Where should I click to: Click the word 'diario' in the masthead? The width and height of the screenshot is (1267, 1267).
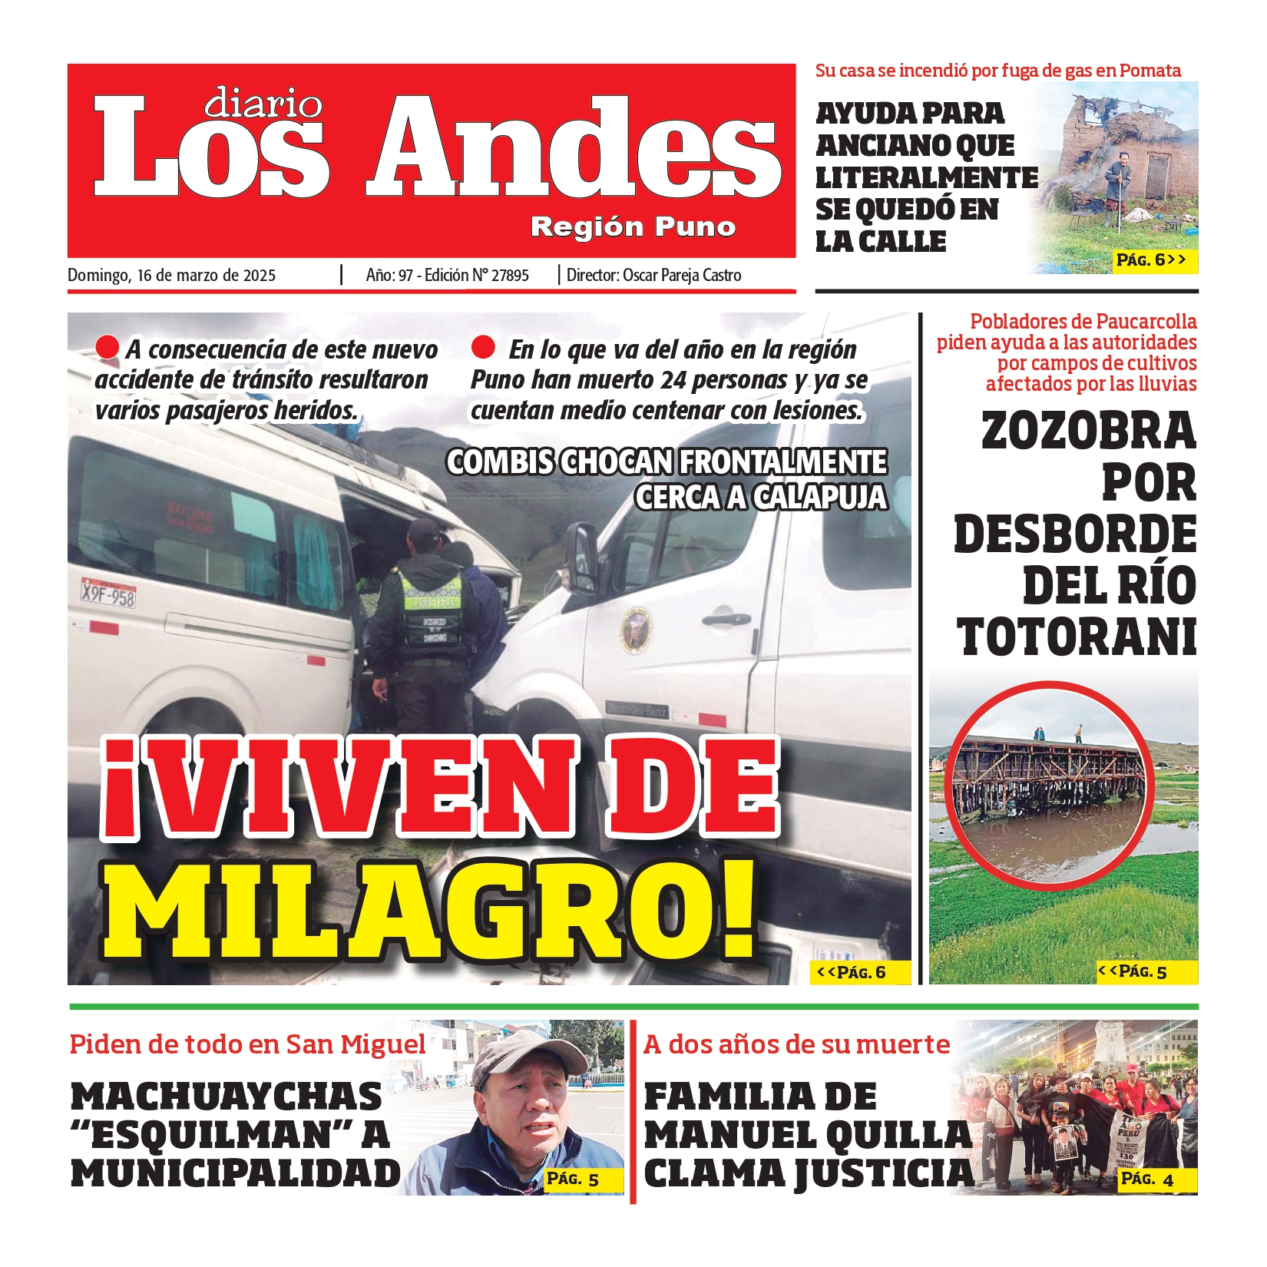tap(263, 103)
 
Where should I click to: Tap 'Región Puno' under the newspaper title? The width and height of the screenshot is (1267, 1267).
tap(633, 227)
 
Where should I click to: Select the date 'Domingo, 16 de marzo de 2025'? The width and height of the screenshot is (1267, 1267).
tap(171, 276)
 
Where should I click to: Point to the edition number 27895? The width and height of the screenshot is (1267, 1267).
tap(510, 276)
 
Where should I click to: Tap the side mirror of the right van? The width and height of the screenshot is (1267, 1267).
tap(584, 556)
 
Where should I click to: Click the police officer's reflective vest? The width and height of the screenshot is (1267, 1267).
tap(430, 607)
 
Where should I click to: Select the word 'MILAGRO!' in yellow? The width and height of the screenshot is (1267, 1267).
tap(430, 910)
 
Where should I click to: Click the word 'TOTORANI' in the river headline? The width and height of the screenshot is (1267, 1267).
tap(1077, 637)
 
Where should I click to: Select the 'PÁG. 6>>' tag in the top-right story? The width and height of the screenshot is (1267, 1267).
tap(1151, 260)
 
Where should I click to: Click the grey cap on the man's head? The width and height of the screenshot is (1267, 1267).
tap(530, 1055)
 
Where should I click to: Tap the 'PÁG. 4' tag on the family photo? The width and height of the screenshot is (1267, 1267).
tap(1147, 1179)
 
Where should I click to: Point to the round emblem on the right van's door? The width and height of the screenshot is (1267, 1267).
tap(637, 630)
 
